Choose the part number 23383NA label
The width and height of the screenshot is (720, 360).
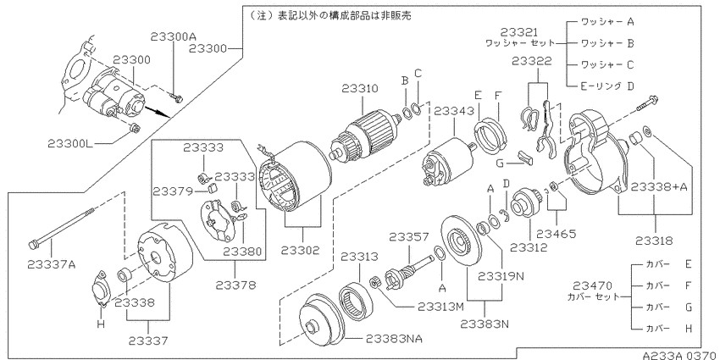click(x=395, y=340)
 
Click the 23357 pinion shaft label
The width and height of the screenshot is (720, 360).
click(x=409, y=237)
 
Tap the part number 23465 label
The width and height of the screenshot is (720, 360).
click(x=556, y=234)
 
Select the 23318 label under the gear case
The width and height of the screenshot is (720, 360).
click(x=655, y=241)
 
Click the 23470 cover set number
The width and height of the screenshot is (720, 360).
click(x=592, y=286)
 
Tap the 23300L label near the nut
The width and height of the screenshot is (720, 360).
click(x=70, y=144)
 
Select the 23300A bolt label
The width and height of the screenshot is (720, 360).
click(x=173, y=37)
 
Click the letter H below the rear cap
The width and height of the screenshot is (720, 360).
click(x=101, y=324)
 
